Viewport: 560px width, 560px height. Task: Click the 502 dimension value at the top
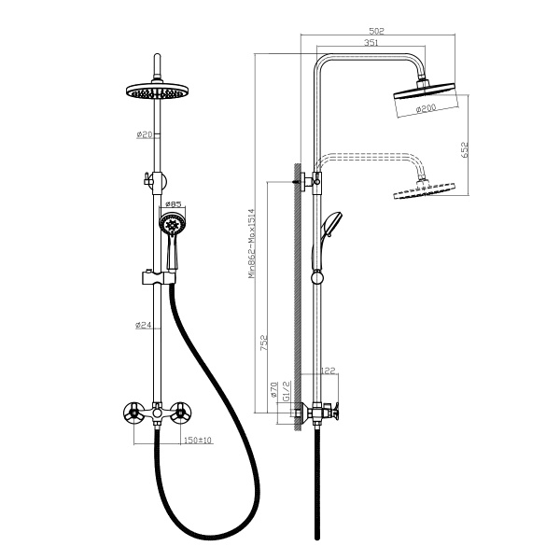[x=376, y=31]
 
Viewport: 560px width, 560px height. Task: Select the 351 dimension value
[x=371, y=43]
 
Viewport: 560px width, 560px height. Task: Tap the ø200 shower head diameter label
[x=427, y=108]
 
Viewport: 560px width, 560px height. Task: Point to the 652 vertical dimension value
[x=464, y=149]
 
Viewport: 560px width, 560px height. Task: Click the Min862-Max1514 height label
[x=252, y=244]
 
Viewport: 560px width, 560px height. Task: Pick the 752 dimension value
[x=264, y=343]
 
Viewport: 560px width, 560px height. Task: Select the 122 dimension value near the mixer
[x=329, y=371]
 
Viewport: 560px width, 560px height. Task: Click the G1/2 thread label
[x=287, y=391]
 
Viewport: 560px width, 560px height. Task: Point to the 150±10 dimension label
[x=198, y=440]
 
